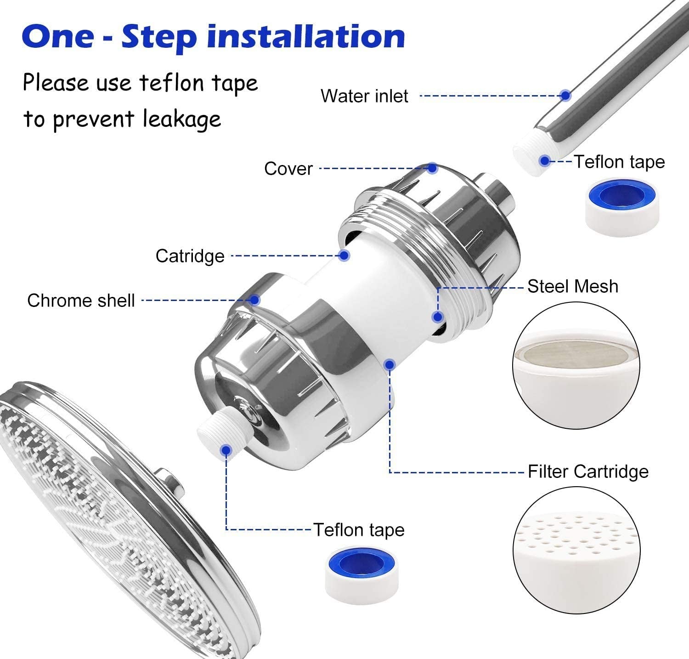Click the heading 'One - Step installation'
click(x=213, y=37)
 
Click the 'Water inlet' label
click(x=364, y=96)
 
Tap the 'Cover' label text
click(x=288, y=169)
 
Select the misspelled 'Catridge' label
click(x=190, y=256)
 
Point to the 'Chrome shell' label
click(x=81, y=301)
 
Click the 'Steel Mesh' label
click(x=572, y=286)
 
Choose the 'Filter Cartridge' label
click(x=587, y=472)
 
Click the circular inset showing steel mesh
click(x=576, y=366)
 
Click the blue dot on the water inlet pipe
click(x=565, y=96)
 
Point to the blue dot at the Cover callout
click(x=432, y=168)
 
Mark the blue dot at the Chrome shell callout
click(x=255, y=300)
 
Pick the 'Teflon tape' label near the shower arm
click(x=619, y=162)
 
